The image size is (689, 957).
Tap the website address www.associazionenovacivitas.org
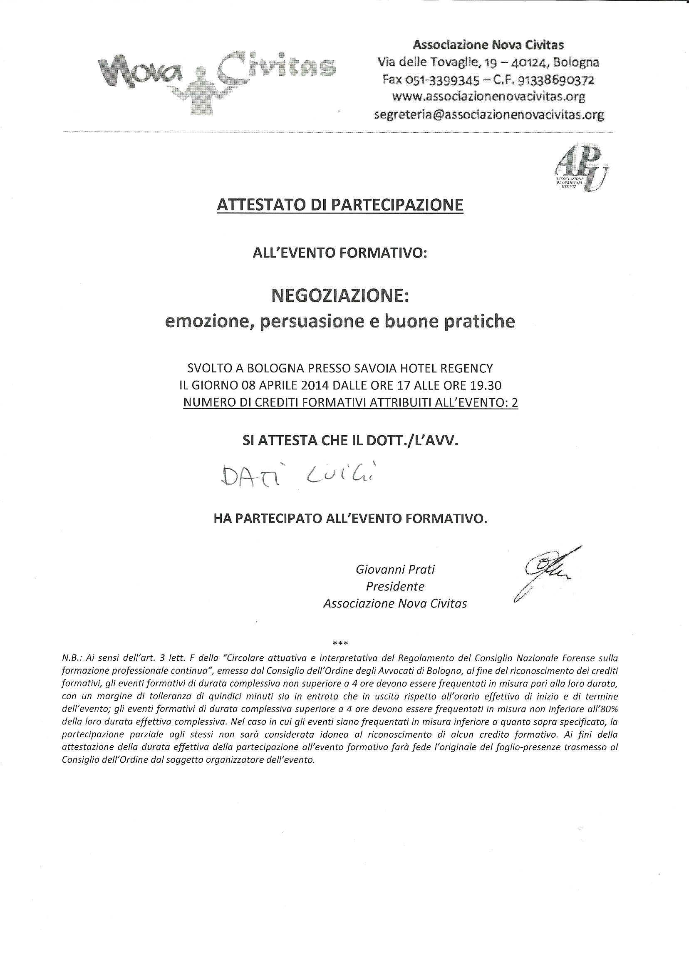[488, 97]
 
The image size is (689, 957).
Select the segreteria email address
[489, 114]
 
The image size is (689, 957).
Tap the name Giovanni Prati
[395, 569]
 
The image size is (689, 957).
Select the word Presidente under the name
[395, 586]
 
